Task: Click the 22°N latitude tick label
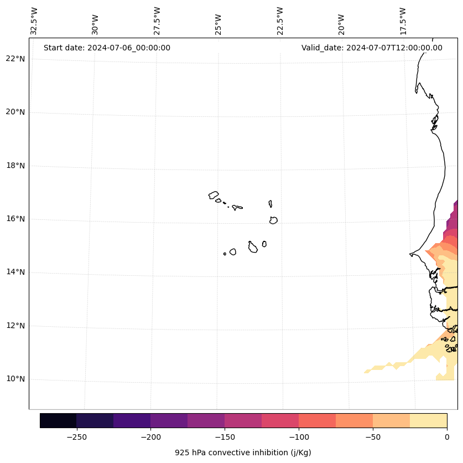click(15, 59)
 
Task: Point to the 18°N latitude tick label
click(15, 166)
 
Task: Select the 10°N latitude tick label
click(15, 379)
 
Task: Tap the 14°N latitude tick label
click(15, 272)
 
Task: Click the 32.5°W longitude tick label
click(34, 21)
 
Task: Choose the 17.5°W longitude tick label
click(403, 21)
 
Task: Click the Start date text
click(107, 48)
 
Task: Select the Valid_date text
click(372, 48)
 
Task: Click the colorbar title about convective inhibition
click(243, 452)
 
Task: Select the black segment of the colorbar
click(58, 421)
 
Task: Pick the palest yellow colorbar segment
click(428, 421)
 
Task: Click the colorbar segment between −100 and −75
click(317, 421)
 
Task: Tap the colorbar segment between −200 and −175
click(169, 421)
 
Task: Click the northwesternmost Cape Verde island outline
click(214, 195)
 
